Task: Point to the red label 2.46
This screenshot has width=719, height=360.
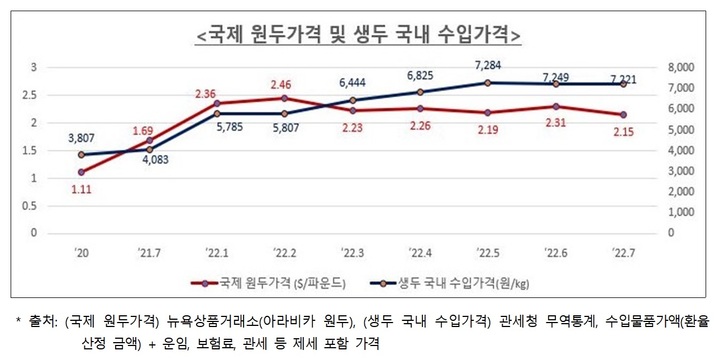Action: pos(285,85)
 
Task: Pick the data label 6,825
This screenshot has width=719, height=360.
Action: pos(421,75)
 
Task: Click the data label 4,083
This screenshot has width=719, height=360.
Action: pos(154,159)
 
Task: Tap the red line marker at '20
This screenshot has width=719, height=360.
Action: pos(81,172)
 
